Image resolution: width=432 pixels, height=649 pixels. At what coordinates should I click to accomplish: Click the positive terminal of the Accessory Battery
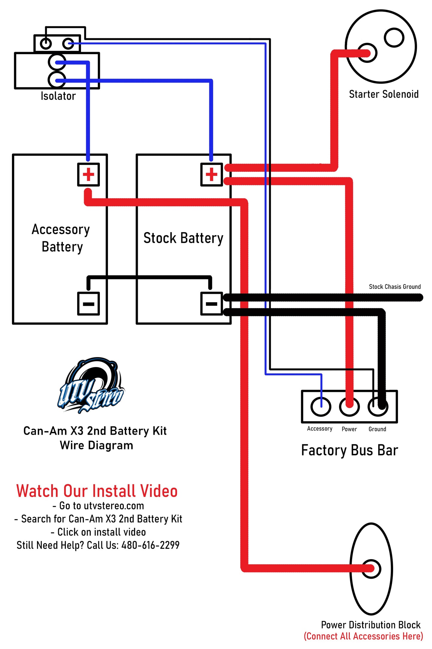tap(88, 175)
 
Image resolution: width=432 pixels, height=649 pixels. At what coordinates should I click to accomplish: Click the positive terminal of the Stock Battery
tap(211, 175)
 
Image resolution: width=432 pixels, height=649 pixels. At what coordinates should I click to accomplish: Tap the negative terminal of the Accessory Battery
tap(88, 304)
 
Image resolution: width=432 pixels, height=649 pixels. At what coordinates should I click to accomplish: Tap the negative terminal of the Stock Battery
tap(211, 304)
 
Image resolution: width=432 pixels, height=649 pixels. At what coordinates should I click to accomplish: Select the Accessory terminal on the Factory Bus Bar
tap(320, 407)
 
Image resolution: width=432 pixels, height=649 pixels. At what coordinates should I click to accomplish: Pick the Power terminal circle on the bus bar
tap(349, 407)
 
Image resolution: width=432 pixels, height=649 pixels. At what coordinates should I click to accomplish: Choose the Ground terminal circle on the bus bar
tap(378, 407)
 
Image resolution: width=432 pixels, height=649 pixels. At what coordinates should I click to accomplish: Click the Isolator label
tap(58, 96)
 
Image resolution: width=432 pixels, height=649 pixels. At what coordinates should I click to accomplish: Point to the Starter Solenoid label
tap(384, 94)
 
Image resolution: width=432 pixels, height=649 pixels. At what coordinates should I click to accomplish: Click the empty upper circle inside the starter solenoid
tap(394, 38)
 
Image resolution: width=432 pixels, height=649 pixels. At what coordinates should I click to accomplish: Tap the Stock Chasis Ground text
tap(395, 287)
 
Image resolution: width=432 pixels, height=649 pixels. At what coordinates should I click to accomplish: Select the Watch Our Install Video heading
tap(97, 491)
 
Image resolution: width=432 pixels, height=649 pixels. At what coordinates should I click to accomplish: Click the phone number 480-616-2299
tap(150, 545)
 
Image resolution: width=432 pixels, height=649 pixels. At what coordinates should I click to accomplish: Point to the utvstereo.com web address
tap(114, 506)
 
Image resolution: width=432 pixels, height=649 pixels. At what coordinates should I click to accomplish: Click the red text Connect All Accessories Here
tap(363, 636)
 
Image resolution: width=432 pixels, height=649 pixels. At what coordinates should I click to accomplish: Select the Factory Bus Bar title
tap(349, 450)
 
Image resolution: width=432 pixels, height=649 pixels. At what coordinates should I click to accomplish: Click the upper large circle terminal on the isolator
tap(57, 63)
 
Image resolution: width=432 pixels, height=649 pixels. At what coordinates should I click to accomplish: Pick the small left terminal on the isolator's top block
tap(46, 44)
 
